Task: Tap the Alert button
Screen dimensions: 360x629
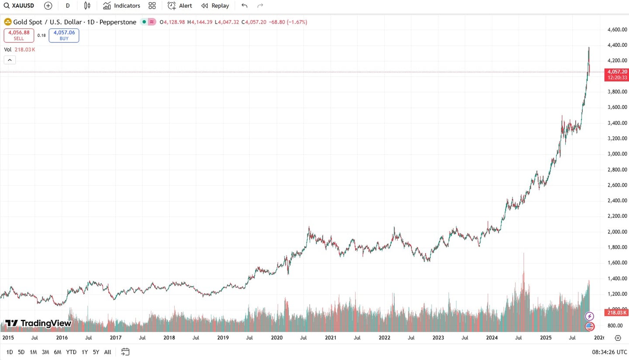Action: click(x=180, y=6)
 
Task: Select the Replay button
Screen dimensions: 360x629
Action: click(x=215, y=6)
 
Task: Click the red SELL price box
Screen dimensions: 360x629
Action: click(x=19, y=35)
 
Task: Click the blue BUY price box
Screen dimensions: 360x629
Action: click(x=64, y=35)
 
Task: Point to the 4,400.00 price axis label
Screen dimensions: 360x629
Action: click(x=617, y=45)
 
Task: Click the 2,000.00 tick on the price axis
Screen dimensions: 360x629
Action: click(x=617, y=232)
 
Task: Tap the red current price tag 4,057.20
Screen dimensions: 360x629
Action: click(x=616, y=72)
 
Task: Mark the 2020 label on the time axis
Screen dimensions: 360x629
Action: click(x=276, y=338)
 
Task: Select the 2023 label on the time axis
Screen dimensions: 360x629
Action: click(x=438, y=338)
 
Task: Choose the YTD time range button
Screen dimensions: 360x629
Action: click(x=71, y=352)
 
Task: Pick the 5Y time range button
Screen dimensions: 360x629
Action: click(x=96, y=352)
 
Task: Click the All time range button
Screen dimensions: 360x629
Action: click(x=108, y=352)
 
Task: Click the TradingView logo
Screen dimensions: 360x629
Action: click(x=38, y=323)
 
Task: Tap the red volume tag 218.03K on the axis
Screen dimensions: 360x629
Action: click(x=616, y=312)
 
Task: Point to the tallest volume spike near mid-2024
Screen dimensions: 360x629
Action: click(x=523, y=262)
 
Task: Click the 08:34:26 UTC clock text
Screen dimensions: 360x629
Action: click(x=609, y=352)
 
